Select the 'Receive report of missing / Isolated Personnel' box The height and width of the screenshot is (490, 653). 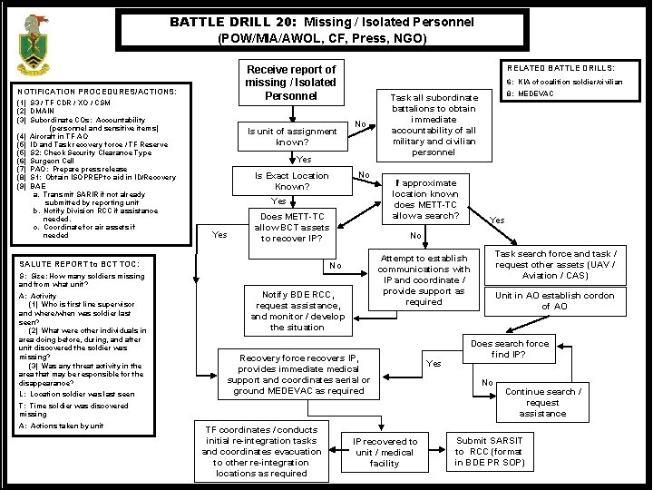(x=291, y=83)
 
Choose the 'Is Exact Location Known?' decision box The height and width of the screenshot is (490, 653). (x=291, y=181)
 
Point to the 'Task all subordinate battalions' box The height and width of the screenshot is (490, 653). (x=433, y=125)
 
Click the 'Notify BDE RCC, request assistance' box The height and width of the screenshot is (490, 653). (x=296, y=309)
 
